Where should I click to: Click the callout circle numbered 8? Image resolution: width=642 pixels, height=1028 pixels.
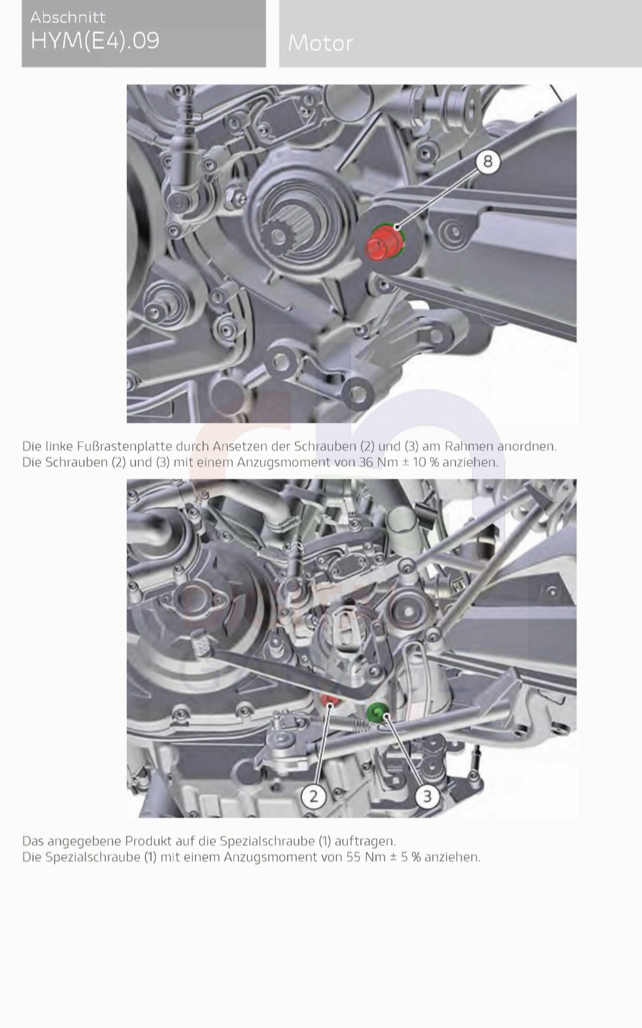tap(487, 161)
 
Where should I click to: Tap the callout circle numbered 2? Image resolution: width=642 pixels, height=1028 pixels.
tap(314, 796)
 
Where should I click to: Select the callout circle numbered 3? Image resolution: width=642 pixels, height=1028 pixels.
tap(427, 796)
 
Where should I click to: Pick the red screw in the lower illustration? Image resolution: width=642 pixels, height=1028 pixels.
tap(329, 699)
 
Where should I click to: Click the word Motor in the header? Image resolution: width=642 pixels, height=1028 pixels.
tap(320, 43)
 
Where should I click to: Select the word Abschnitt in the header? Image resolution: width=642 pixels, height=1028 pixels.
tap(68, 17)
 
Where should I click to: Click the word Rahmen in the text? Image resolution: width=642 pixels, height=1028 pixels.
tap(468, 446)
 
